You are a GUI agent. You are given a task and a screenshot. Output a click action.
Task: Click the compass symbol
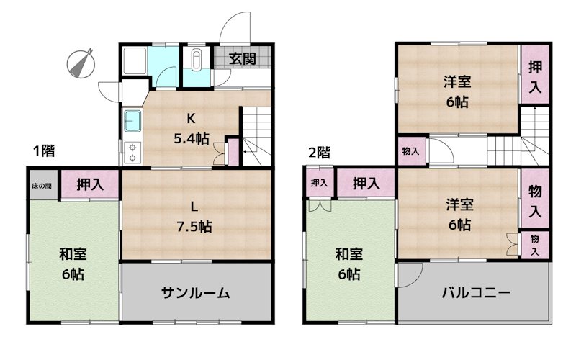(83, 63)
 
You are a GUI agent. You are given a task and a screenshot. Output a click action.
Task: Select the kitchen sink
(133, 120)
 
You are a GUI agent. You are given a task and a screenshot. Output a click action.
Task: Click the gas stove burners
(133, 151)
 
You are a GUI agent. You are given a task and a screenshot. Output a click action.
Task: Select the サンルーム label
(195, 292)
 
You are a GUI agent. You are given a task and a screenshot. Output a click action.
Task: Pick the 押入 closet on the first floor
(89, 184)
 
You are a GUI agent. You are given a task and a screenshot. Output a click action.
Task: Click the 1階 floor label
(45, 151)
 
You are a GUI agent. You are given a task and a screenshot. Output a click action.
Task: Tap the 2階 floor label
(319, 152)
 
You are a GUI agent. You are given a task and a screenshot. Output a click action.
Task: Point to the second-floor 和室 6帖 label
(349, 264)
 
